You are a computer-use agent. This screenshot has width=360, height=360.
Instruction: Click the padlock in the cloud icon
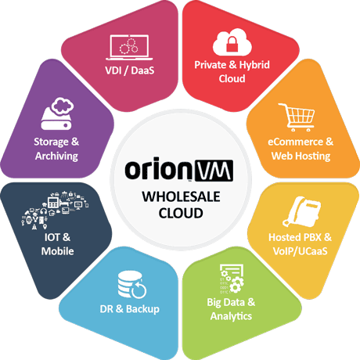232,44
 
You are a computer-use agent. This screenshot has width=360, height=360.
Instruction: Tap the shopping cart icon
297,117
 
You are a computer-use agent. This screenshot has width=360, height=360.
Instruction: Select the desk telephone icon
301,211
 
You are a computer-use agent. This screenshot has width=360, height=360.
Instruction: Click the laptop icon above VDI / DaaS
129,47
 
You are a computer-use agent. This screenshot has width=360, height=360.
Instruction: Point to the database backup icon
131,284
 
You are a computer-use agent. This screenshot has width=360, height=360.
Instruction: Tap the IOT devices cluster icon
55,210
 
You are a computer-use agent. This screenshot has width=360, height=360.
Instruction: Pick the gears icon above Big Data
232,279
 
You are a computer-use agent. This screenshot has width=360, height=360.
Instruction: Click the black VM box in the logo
214,171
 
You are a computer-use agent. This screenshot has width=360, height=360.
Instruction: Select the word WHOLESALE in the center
181,196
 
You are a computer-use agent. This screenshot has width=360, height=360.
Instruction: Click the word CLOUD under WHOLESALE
181,213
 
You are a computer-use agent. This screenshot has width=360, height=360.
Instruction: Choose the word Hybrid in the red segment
254,65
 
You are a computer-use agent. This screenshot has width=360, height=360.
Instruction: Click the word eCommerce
296,142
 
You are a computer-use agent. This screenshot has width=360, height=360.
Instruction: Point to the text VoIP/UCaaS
300,251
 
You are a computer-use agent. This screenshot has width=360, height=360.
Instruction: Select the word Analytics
231,316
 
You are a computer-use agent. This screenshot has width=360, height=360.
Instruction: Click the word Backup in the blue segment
142,309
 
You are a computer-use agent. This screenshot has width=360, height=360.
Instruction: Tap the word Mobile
57,251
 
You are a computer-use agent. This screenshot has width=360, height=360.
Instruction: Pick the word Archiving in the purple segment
56,157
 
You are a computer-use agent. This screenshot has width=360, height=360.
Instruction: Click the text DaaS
142,70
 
